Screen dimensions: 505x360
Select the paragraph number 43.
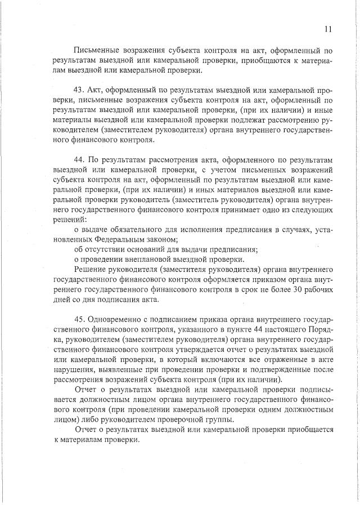(x=79, y=91)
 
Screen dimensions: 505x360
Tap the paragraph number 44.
(x=79, y=158)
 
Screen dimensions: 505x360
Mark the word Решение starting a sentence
(x=90, y=270)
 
